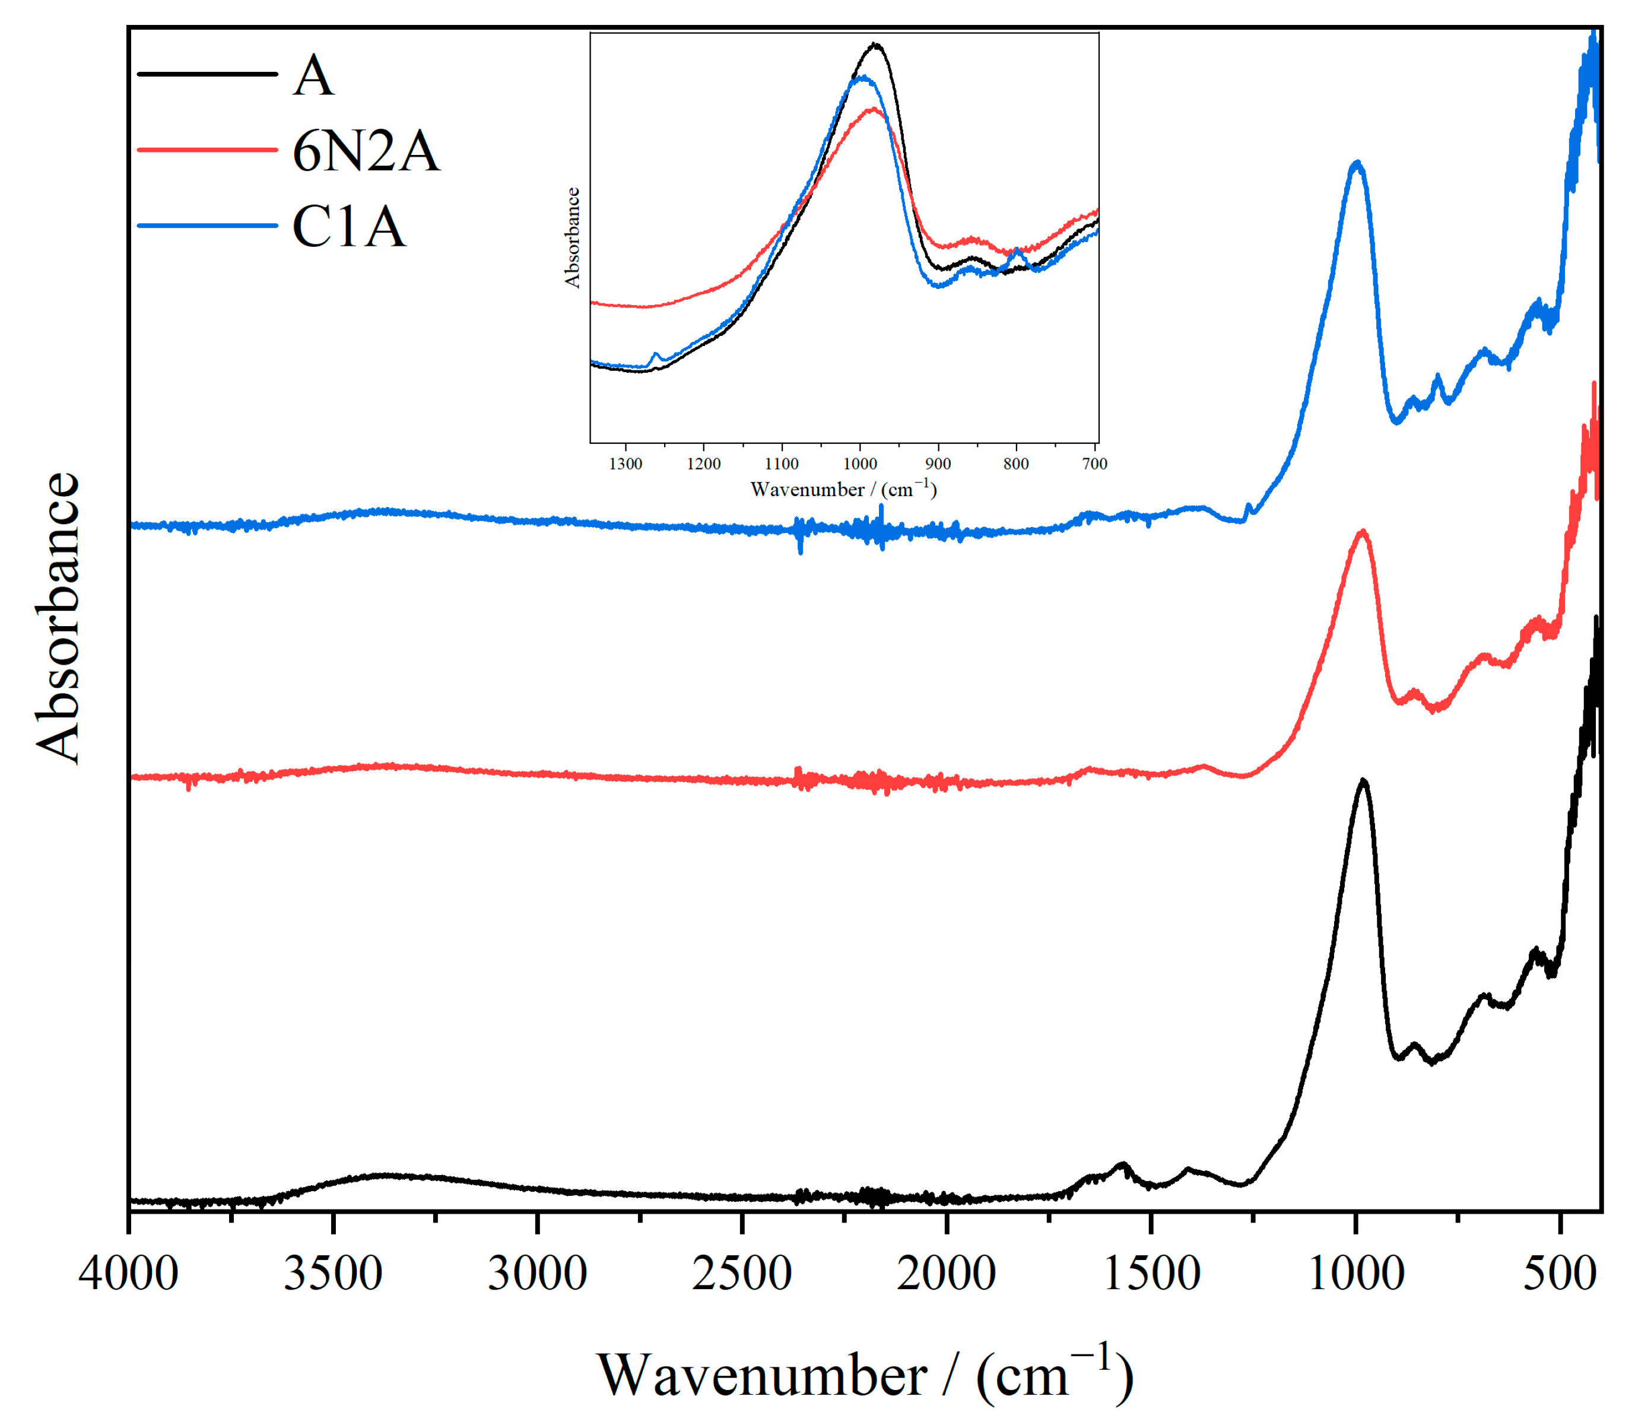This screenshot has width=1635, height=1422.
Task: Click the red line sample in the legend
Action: tap(207, 148)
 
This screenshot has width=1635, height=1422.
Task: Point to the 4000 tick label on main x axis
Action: tap(129, 1274)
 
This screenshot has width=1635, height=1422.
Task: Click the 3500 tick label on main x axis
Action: tap(333, 1274)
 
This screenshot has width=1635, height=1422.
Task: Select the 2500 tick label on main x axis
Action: tap(742, 1274)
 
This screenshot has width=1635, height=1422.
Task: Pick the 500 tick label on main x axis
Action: tap(1560, 1274)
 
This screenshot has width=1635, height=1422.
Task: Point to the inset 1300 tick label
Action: tap(626, 464)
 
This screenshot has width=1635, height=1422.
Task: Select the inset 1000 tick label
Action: tap(860, 464)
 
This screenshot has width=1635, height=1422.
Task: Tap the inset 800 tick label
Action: tap(1016, 464)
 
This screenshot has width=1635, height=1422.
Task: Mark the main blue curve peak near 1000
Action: tap(1357, 163)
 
